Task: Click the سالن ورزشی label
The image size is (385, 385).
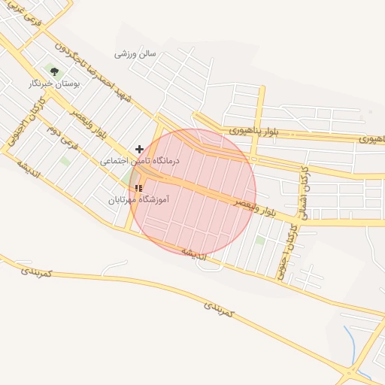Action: pyautogui.click(x=135, y=54)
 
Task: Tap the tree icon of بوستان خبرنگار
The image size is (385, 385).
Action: pyautogui.click(x=54, y=71)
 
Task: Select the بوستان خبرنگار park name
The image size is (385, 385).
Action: pyautogui.click(x=54, y=84)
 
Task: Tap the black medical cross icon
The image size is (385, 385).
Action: pyautogui.click(x=139, y=150)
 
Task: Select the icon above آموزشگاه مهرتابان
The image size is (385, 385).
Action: pyautogui.click(x=138, y=188)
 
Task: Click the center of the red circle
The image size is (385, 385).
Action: pyautogui.click(x=192, y=192)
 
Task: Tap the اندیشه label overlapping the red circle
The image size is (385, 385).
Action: pyautogui.click(x=194, y=250)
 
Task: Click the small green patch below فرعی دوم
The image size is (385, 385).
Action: pyautogui.click(x=65, y=161)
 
